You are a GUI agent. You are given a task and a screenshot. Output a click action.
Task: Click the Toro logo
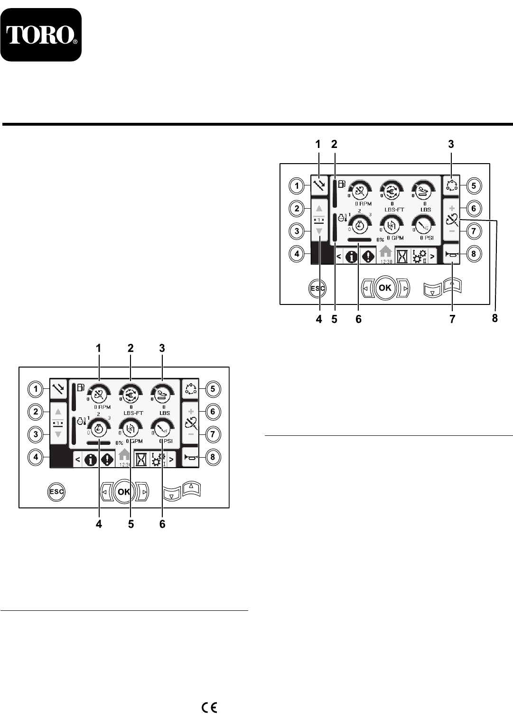pos(41,35)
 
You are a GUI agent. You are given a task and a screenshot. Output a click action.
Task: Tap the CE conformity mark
pos(209,708)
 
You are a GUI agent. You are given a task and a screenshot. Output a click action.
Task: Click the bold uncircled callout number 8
pos(495,319)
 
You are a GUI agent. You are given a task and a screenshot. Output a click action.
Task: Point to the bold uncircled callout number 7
pos(452,319)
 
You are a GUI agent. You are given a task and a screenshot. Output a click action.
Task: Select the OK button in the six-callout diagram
pos(124,492)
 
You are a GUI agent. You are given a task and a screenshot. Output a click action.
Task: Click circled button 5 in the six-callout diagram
pos(213,389)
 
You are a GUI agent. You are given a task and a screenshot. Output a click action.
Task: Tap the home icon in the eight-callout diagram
pos(385,251)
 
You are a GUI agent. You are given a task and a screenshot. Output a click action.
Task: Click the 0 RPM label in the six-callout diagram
pos(102,407)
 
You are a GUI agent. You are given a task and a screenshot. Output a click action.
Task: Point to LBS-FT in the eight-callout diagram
pos(393,209)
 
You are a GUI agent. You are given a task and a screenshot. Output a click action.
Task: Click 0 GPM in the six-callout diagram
pos(134,441)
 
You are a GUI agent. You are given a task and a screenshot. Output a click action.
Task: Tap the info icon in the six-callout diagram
pos(91,459)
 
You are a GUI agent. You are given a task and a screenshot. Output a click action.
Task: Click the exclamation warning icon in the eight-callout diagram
pos(368,257)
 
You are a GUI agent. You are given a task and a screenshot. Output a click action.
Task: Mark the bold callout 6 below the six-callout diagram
pos(162,524)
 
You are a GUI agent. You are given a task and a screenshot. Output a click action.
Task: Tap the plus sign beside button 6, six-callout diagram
pos(191,412)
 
